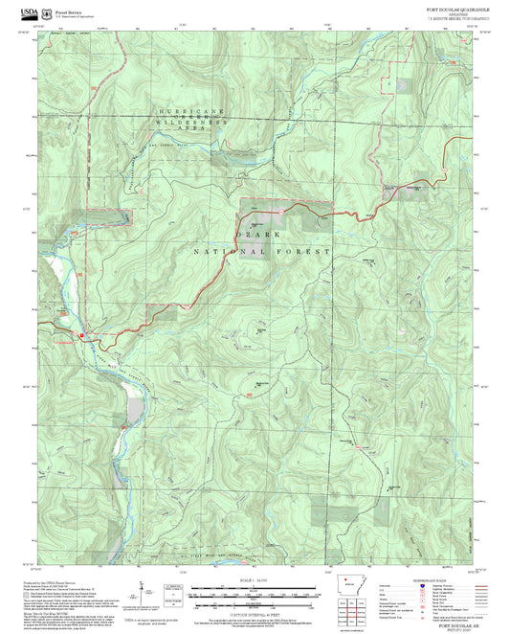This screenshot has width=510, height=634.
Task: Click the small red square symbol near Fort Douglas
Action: click(x=82, y=334)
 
